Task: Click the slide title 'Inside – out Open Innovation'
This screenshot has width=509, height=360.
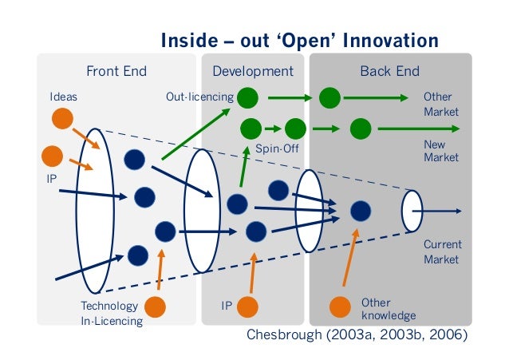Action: [299, 41]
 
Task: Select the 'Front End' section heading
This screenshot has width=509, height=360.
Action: [116, 71]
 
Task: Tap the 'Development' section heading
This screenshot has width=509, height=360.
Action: [253, 71]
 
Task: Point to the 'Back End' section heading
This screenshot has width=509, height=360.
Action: [389, 71]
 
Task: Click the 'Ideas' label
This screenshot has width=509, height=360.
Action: [63, 97]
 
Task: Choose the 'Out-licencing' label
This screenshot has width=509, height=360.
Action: [199, 97]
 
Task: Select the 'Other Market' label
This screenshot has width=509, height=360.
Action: [440, 105]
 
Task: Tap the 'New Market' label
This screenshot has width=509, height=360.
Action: [440, 152]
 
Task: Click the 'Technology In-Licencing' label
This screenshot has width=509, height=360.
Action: [111, 314]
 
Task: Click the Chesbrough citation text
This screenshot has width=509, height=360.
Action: [355, 335]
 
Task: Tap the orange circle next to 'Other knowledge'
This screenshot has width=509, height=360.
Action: [341, 307]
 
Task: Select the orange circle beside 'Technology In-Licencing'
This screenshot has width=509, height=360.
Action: [155, 307]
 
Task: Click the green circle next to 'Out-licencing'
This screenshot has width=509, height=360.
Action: [247, 98]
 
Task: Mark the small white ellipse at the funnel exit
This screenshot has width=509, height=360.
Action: [412, 211]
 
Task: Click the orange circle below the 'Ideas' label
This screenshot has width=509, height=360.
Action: [62, 119]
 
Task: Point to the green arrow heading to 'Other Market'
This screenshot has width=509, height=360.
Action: [374, 99]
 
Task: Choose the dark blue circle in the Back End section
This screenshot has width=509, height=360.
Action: [361, 211]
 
